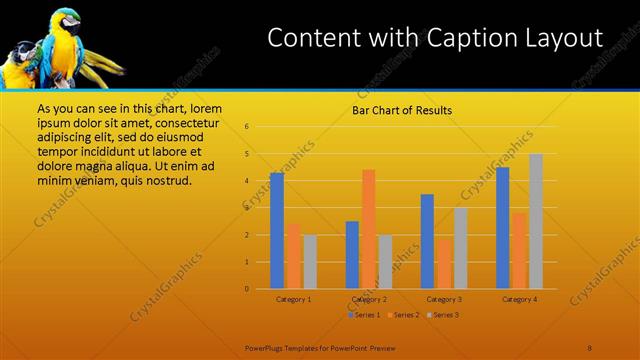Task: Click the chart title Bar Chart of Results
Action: point(401,110)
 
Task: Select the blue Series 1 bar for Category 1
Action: point(277,231)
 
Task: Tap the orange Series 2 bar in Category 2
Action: point(369,229)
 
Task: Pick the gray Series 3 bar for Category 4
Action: point(536,221)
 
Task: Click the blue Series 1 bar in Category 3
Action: point(427,241)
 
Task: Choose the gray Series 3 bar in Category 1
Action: point(310,262)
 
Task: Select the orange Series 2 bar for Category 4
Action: point(519,250)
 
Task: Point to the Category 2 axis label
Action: point(370,299)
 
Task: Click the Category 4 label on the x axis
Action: point(520,299)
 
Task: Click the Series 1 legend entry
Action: point(363,315)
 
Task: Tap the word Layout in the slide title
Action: point(566,38)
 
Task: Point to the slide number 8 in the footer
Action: point(590,348)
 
